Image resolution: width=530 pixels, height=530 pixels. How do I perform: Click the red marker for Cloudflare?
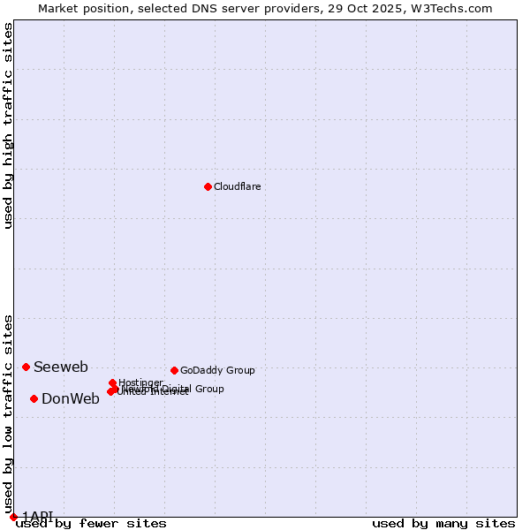tap(208, 186)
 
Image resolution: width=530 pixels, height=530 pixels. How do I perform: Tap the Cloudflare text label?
tap(237, 186)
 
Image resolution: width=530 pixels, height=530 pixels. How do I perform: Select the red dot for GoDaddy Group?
tap(174, 370)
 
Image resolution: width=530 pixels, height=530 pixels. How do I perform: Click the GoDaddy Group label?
tap(217, 370)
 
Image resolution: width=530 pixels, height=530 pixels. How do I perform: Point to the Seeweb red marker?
tap(26, 367)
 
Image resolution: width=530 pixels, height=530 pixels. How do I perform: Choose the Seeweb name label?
tap(61, 367)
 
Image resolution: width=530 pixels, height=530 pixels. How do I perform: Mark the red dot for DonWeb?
tap(34, 398)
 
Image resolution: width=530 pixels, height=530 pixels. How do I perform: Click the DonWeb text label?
tap(71, 398)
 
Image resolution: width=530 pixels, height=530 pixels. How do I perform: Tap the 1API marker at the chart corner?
tap(13, 517)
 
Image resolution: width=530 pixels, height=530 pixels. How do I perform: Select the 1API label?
tap(37, 516)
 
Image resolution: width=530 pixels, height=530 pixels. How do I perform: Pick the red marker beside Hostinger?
tap(112, 382)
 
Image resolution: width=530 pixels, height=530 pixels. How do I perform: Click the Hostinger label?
tap(140, 382)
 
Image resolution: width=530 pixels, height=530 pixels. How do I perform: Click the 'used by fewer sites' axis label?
tap(91, 524)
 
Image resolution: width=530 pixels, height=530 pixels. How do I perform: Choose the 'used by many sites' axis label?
tap(443, 524)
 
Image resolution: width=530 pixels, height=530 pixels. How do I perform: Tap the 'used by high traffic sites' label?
tap(8, 125)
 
